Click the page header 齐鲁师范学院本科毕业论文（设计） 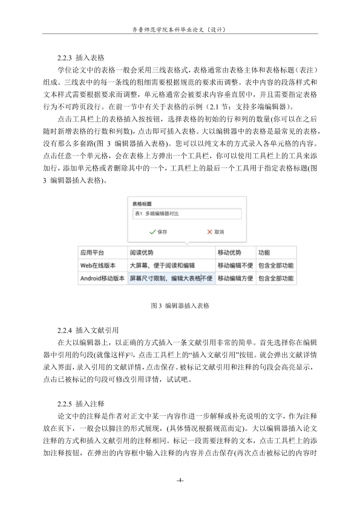click(x=180, y=28)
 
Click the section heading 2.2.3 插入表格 click(x=80, y=58)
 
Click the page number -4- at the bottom click(x=180, y=481)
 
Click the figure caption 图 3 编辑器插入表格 click(x=180, y=306)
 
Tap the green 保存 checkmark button click(x=158, y=232)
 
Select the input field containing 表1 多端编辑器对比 click(x=186, y=214)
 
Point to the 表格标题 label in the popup click(x=142, y=204)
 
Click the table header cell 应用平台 click(x=93, y=253)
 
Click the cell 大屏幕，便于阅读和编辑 click(x=162, y=265)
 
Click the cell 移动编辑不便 click(x=235, y=265)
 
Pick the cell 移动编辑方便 click(x=235, y=279)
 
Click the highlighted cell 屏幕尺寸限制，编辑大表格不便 click(x=171, y=279)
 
